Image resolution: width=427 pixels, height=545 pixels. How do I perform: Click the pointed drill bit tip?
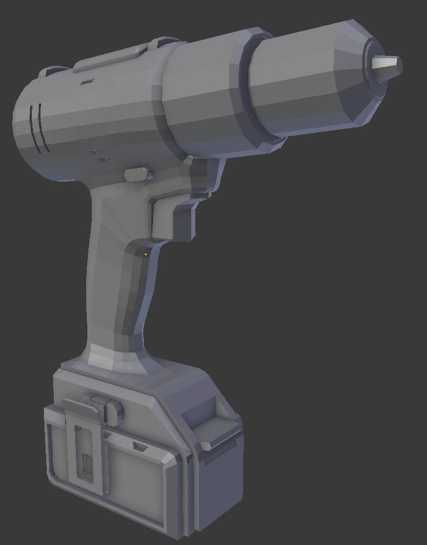pos(388,67)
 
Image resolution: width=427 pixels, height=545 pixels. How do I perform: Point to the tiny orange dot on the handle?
pos(146,254)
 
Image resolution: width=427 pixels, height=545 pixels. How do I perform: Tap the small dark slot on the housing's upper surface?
pos(87,82)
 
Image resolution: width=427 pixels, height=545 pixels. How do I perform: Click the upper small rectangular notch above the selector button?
pos(95,151)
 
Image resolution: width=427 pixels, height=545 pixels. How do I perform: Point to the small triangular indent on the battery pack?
pos(139,447)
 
